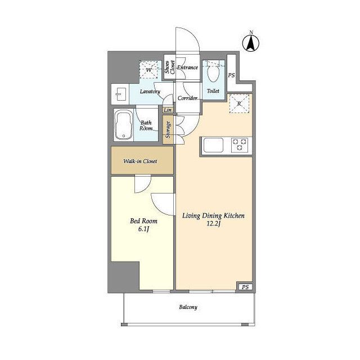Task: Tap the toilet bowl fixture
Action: point(213,71)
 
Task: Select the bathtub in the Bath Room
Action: point(124,125)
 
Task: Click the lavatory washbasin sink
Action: point(121,94)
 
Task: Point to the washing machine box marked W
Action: point(148,70)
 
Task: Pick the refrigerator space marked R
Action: point(240,103)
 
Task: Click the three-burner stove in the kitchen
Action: point(239,145)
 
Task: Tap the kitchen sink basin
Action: point(213,145)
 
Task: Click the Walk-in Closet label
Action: point(140,161)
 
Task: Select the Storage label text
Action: point(168,130)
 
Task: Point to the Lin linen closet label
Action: point(168,110)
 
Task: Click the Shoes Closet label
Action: point(170,67)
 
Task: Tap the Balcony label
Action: point(188,307)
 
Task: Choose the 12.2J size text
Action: point(214,224)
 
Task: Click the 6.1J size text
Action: point(144,229)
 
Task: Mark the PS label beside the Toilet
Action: point(231,75)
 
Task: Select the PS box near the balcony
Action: point(245,287)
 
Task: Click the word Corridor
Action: point(187,98)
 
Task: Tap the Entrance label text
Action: point(187,67)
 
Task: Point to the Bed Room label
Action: point(144,221)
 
